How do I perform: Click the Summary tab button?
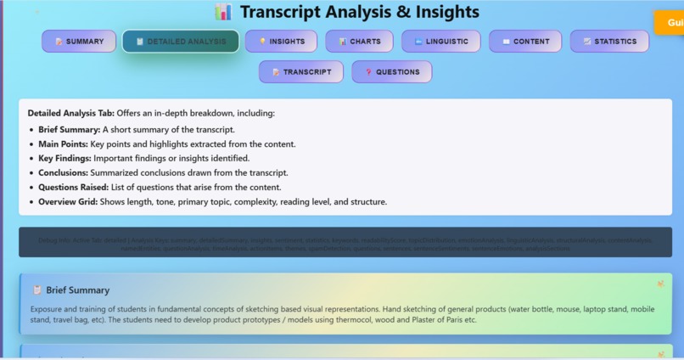79,42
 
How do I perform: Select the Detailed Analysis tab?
180,42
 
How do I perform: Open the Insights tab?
281,42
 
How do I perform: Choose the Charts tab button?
359,42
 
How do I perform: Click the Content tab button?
525,42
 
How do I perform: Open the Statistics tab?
609,42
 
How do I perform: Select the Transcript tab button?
301,72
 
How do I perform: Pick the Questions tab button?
391,72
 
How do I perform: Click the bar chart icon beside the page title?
223,12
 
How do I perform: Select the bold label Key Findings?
65,159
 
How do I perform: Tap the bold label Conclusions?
64,173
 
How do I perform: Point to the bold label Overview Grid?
69,202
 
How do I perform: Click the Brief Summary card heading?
77,290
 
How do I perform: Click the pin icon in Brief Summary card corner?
660,284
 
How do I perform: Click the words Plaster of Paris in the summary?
435,320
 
